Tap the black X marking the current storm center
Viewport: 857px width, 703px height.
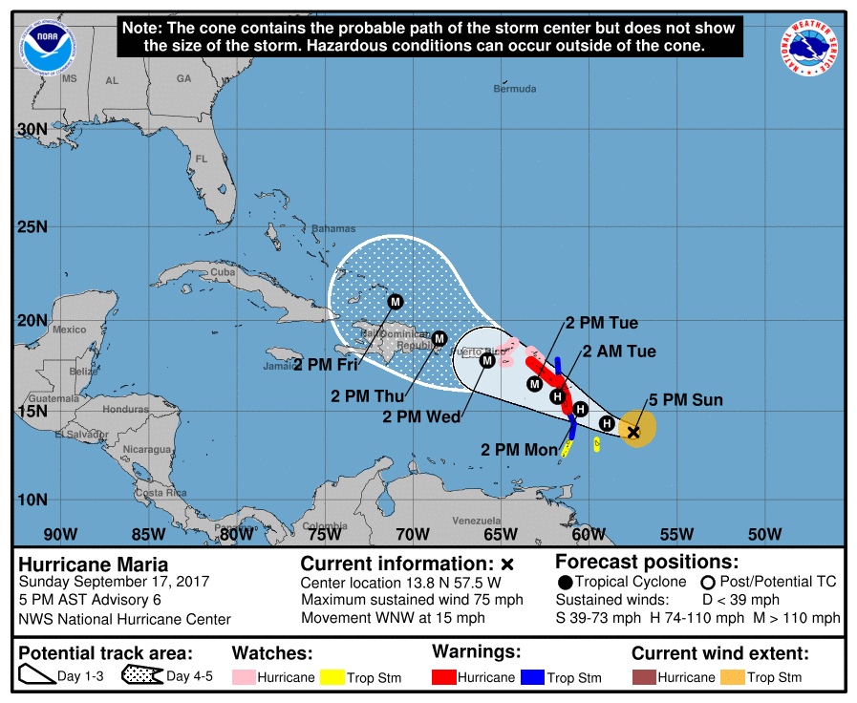[632, 432]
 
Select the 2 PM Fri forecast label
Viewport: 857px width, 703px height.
[325, 364]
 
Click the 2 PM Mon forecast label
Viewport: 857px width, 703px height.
[518, 449]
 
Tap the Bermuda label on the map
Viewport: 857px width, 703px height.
[515, 89]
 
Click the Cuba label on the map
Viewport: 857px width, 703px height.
[222, 272]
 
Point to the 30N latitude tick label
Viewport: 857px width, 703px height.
[32, 130]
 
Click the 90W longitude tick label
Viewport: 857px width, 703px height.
[59, 534]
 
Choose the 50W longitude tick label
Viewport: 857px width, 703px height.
[764, 534]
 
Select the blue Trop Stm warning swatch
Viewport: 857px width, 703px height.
[533, 677]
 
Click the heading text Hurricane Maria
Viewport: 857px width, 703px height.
[94, 565]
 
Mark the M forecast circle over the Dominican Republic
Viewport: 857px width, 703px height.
[439, 338]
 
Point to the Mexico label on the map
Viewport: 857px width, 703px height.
[69, 330]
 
